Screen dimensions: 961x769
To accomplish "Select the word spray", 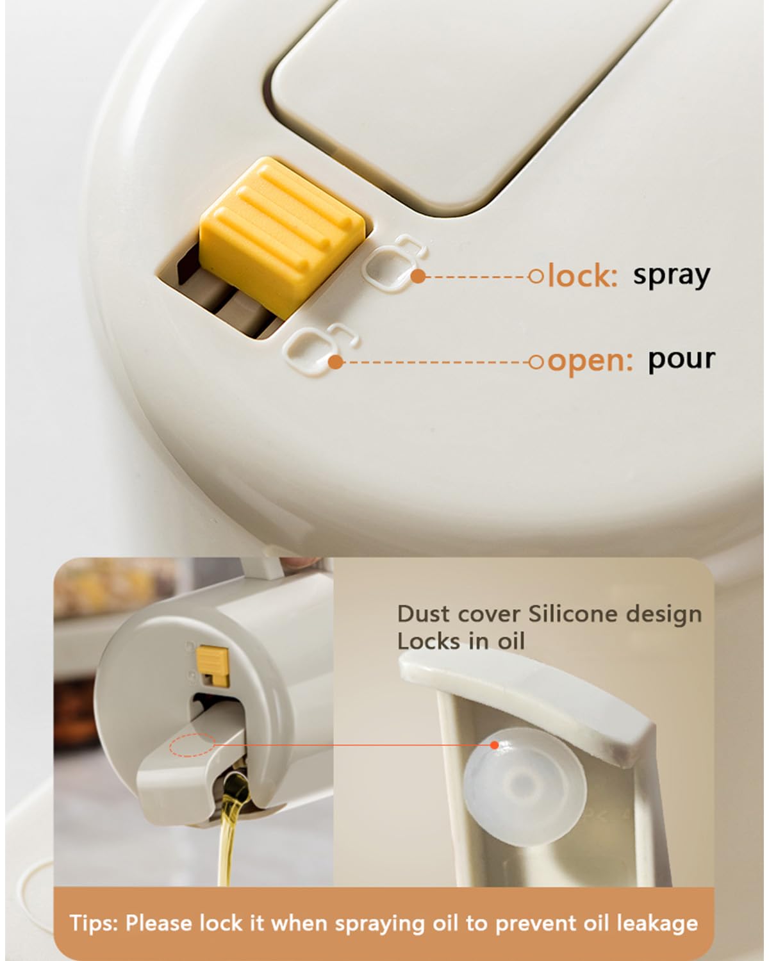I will pos(671,275).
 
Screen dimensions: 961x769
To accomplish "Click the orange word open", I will pos(590,361).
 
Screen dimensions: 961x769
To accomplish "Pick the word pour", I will pos(681,359).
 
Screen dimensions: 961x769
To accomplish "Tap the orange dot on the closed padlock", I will pos(418,276).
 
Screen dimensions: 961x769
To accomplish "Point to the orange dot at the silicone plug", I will pos(494,744).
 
